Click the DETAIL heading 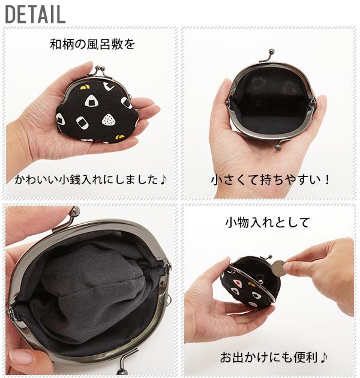[35, 14]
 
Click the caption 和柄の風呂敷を [92, 44]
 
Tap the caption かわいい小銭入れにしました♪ [91, 180]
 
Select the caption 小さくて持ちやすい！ [271, 180]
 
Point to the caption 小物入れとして [268, 222]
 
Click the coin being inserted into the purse [279, 269]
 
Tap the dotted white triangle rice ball [109, 119]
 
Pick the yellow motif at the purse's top [83, 87]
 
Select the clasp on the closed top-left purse [100, 70]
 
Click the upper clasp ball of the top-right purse [271, 51]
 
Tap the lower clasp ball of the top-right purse [278, 146]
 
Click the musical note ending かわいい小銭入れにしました [163, 180]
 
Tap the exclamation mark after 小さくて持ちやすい [327, 180]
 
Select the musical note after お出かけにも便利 [324, 357]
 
